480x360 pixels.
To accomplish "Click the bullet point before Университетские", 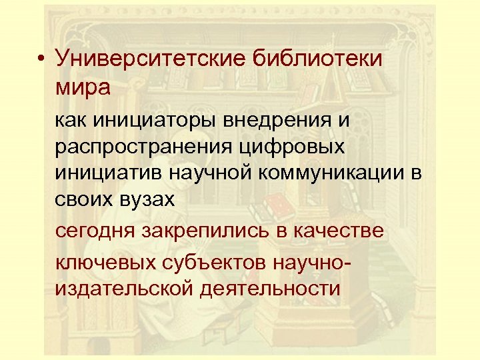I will click(x=41, y=60).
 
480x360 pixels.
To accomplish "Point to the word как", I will click(x=71, y=121).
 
